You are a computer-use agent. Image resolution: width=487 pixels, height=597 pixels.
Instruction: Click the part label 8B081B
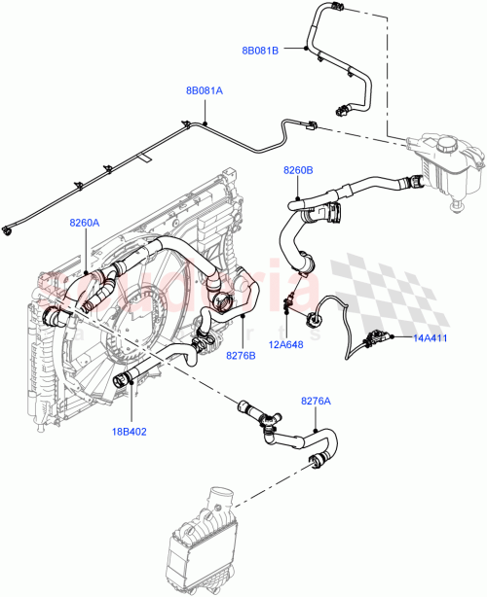tap(260, 50)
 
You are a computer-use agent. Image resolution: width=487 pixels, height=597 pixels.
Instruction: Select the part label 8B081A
tap(204, 90)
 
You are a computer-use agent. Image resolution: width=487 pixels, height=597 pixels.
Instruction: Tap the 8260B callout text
tap(298, 170)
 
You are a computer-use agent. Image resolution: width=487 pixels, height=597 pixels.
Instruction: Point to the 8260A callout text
tap(84, 223)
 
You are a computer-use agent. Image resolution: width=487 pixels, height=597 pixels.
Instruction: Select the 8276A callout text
tap(316, 400)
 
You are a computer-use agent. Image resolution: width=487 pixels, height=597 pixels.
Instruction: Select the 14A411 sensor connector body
tap(373, 339)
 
